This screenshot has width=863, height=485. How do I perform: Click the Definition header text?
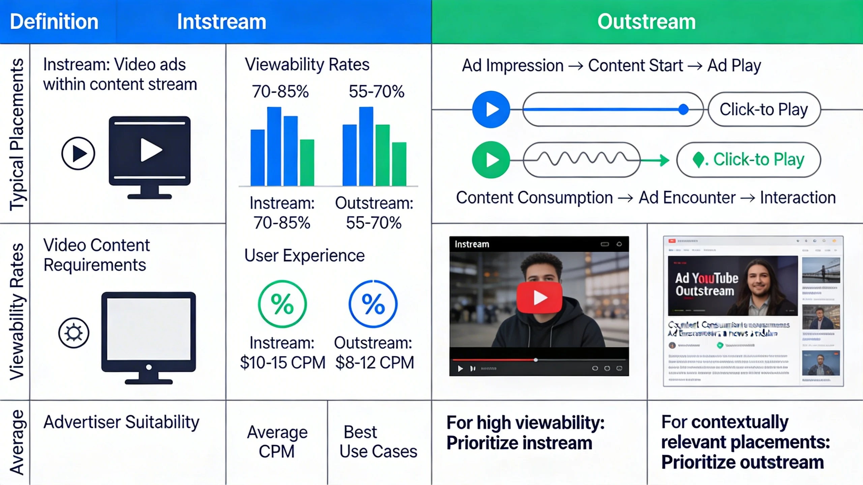(54, 22)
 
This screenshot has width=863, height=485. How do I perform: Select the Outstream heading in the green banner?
(646, 22)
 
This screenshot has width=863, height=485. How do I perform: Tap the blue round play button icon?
(491, 109)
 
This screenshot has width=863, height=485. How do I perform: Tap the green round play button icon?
(491, 160)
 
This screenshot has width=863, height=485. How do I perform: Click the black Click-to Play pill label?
(764, 109)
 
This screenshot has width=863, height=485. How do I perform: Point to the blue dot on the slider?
(683, 109)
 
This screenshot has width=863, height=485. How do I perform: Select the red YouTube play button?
(539, 298)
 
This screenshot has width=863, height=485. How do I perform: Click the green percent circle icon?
(282, 304)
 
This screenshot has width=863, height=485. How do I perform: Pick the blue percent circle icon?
(373, 304)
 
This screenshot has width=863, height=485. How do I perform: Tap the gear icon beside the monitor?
(74, 333)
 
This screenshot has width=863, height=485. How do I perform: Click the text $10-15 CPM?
(282, 363)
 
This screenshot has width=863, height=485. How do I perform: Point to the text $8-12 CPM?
(374, 363)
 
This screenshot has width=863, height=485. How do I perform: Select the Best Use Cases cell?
(378, 442)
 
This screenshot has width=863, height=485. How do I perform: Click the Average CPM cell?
(277, 442)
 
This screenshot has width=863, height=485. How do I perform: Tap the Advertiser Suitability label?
(121, 422)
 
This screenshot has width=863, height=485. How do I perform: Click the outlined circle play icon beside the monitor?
(78, 153)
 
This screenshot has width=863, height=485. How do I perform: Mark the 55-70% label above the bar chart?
(376, 91)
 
